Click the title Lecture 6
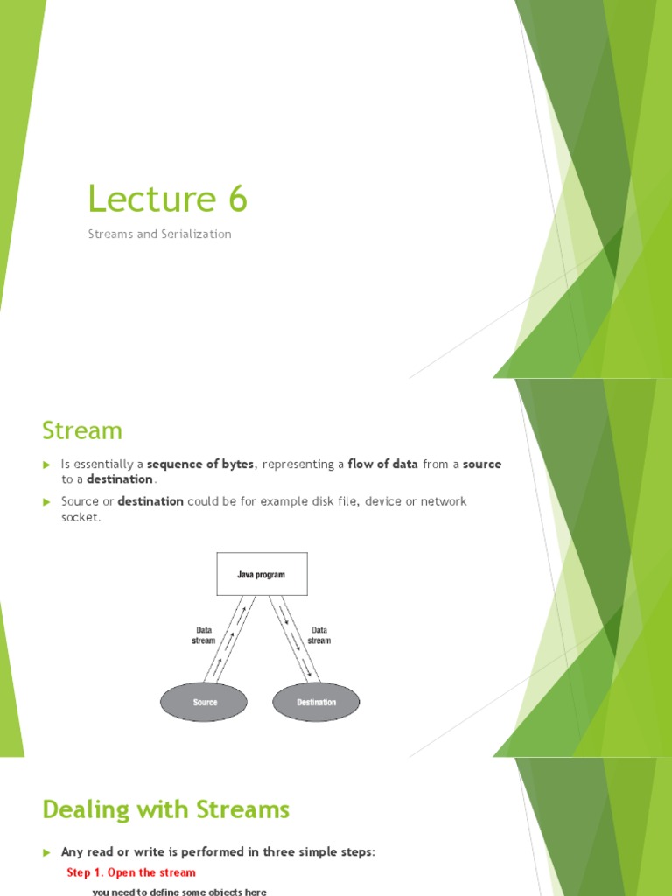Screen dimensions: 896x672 coord(167,199)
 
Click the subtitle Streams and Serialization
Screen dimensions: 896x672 coord(159,234)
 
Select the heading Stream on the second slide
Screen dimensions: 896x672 coord(82,430)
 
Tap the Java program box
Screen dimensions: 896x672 coord(262,574)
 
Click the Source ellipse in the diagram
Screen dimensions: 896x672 coord(205,702)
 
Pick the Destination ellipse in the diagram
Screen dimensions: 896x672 coord(316,702)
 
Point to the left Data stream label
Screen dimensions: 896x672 coord(203,634)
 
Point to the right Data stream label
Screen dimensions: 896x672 coord(319,634)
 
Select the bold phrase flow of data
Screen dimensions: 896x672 coord(382,465)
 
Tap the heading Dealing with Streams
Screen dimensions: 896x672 coord(165,810)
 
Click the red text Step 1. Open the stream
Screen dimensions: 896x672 coord(131,872)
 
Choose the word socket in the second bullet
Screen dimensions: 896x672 coord(80,517)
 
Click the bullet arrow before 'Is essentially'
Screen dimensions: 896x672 coord(48,465)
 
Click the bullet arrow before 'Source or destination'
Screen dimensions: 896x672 coord(48,501)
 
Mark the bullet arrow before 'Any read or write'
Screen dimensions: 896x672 coord(48,852)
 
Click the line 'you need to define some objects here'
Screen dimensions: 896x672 coord(179,892)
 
